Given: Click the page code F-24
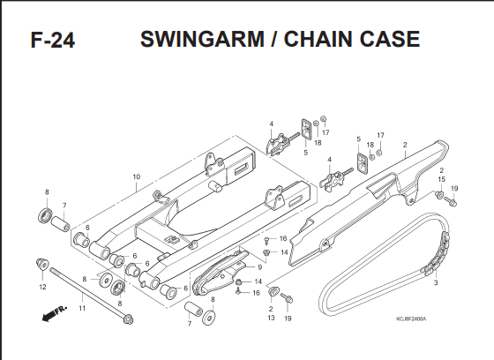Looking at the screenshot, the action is pyautogui.click(x=53, y=40).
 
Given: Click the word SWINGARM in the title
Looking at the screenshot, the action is pyautogui.click(x=202, y=39).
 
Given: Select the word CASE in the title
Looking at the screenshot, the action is pyautogui.click(x=390, y=39).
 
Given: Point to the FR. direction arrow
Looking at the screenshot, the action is pyautogui.click(x=54, y=313).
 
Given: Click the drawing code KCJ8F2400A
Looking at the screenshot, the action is pyautogui.click(x=411, y=319).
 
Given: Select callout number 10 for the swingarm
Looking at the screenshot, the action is pyautogui.click(x=136, y=176).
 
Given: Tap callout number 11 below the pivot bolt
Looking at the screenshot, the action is pyautogui.click(x=82, y=308).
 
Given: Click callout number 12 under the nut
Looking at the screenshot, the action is pyautogui.click(x=42, y=287).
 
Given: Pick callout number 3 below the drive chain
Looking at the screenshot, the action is pyautogui.click(x=436, y=282).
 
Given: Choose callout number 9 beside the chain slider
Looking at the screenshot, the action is pyautogui.click(x=260, y=267).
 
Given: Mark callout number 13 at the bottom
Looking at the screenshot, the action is pyautogui.click(x=271, y=318).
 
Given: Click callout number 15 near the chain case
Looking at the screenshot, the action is pyautogui.click(x=442, y=179).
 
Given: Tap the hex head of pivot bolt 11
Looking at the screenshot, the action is pyautogui.click(x=129, y=319).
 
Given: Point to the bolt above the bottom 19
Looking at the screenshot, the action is pyautogui.click(x=287, y=298).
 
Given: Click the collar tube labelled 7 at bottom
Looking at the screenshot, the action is pyautogui.click(x=192, y=309).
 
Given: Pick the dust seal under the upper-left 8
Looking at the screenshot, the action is pyautogui.click(x=45, y=215).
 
